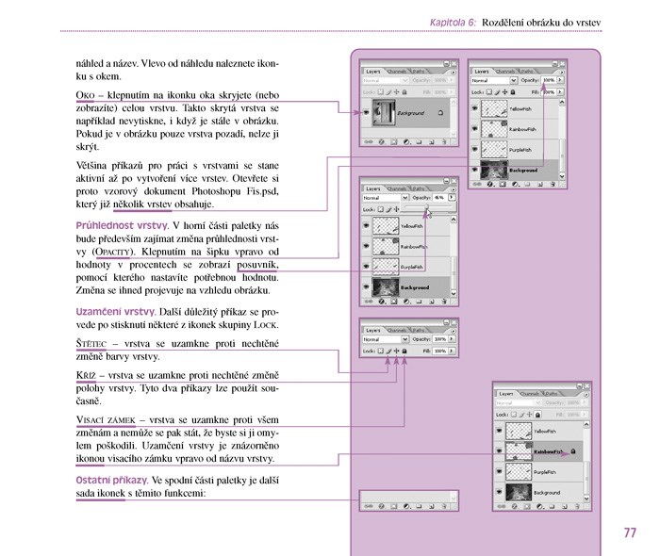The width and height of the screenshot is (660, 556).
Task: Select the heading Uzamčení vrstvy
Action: click(x=115, y=311)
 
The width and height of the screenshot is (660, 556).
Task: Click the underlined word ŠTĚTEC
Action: click(x=93, y=343)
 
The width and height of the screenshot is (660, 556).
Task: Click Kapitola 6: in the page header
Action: click(x=453, y=20)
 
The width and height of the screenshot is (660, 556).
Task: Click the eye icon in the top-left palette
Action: click(x=366, y=113)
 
